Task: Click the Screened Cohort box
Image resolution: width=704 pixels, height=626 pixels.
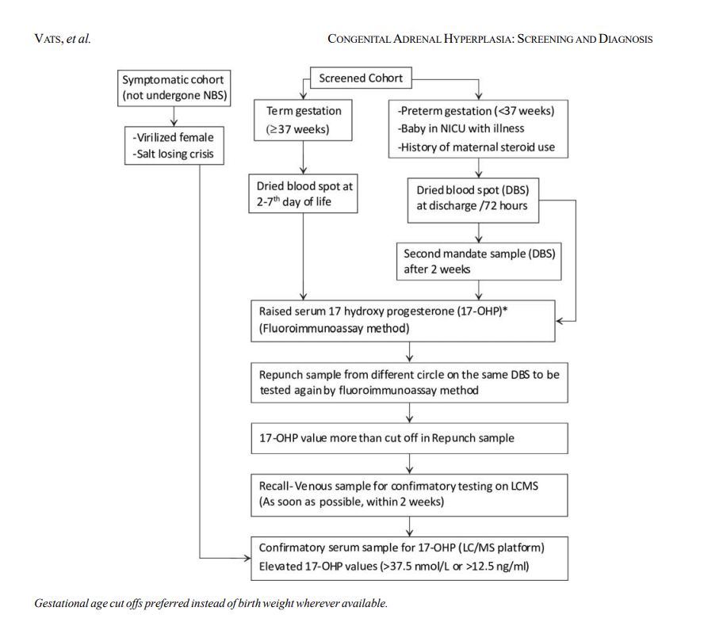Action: [361, 78]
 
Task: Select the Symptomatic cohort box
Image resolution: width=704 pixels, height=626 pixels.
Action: [173, 87]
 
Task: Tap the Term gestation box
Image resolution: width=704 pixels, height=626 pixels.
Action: [302, 120]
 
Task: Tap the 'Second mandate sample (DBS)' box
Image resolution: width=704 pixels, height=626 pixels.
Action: [479, 261]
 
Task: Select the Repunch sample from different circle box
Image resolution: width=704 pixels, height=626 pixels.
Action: [409, 382]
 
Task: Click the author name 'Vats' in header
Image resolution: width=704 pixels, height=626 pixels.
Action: [49, 39]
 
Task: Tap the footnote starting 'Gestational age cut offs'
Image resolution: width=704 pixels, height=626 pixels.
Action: [211, 603]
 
